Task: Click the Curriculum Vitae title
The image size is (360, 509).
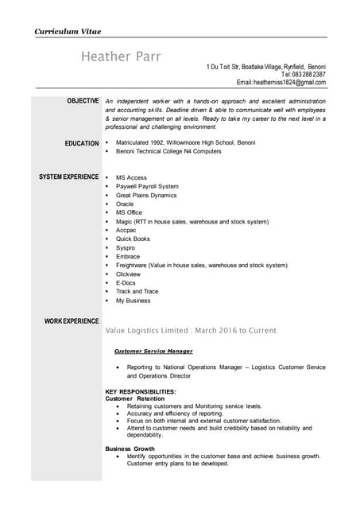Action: [67, 31]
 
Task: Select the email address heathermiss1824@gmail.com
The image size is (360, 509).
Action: [288, 83]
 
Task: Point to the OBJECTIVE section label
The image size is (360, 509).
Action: [83, 101]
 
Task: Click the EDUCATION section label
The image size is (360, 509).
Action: [82, 143]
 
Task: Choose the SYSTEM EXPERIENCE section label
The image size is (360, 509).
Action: [69, 177]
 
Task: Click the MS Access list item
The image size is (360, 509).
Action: [131, 177]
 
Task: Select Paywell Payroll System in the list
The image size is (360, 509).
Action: [147, 186]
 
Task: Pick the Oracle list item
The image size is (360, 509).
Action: [125, 204]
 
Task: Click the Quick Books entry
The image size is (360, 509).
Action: [133, 239]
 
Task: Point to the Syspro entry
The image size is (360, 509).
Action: [126, 247]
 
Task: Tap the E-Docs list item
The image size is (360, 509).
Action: [126, 282]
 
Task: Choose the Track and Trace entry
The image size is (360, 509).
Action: [137, 291]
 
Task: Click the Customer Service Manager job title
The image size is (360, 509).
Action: [153, 351]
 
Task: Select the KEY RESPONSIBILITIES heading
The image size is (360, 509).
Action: [141, 392]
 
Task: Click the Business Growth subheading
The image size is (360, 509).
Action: [130, 449]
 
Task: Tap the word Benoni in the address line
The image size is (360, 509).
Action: [315, 66]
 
